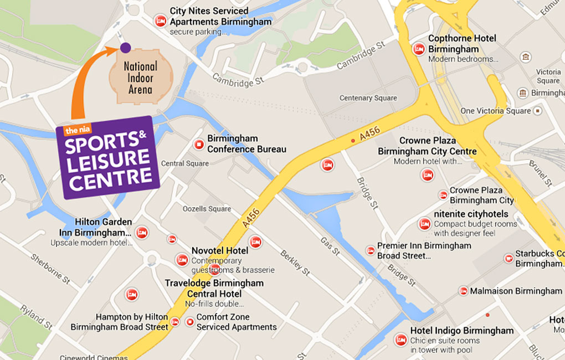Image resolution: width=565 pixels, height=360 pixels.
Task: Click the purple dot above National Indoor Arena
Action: (125, 48)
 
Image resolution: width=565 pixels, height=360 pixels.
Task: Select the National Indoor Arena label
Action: (140, 77)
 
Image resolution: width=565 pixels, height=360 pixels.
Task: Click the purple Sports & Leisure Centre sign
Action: (108, 157)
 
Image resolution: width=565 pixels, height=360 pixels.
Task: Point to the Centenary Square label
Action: (368, 98)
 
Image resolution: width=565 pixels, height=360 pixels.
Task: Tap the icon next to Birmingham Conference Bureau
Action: (198, 145)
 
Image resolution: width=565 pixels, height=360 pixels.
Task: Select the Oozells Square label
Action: (207, 209)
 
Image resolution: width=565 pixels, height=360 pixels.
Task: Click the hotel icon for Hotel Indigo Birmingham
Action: (400, 340)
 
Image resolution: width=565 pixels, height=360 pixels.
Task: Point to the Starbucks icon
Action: (508, 259)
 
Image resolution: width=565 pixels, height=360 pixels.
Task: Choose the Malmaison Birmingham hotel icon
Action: (463, 291)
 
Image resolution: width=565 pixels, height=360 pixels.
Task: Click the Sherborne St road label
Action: (50, 268)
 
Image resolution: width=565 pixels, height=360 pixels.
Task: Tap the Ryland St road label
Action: (35, 316)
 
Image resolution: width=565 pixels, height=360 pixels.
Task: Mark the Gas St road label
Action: (330, 246)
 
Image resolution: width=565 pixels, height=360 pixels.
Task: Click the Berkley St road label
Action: (294, 260)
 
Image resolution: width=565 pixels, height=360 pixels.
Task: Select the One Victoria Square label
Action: (495, 111)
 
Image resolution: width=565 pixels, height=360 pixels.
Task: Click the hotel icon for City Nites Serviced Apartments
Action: (160, 22)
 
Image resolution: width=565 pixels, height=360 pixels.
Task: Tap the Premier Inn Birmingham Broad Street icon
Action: (370, 250)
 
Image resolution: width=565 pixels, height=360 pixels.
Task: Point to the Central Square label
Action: (185, 163)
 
